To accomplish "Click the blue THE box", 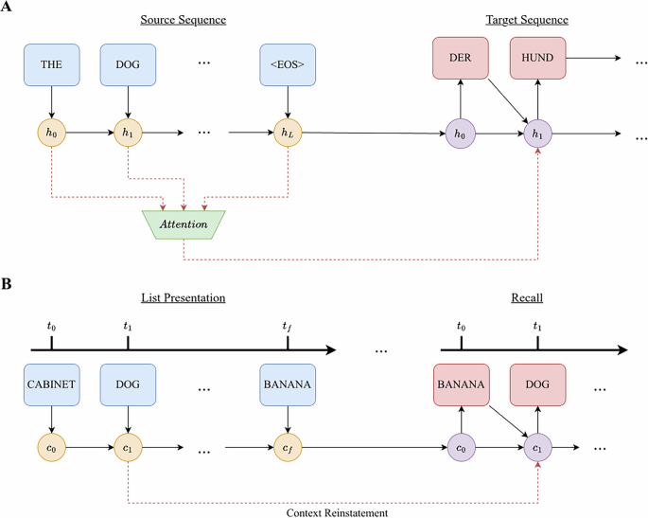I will [50, 63].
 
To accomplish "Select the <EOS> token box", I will [287, 63].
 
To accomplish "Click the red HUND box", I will [537, 59].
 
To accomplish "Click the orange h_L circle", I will [287, 133].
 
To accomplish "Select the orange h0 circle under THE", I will [50, 133].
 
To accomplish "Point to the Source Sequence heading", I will [183, 20].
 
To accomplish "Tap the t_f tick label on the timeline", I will [287, 326].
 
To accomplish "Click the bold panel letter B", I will [8, 282].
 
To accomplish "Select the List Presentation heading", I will [183, 297].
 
